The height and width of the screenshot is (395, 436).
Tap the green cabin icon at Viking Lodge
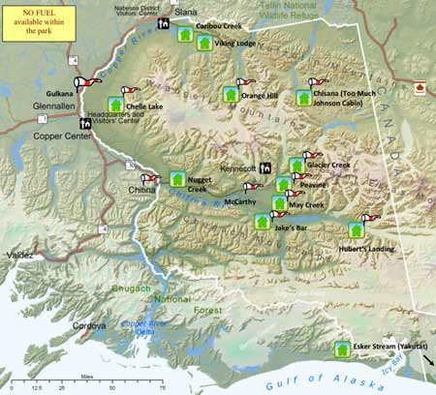(204, 44)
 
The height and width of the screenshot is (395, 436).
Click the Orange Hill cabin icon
(231, 95)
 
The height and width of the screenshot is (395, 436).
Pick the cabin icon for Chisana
(305, 99)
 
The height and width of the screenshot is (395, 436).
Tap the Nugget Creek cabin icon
(177, 179)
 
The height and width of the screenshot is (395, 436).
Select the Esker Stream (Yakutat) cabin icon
(341, 349)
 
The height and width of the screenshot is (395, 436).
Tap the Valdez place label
(19, 254)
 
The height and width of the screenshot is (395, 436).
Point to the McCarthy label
(239, 202)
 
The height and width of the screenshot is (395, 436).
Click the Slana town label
(185, 11)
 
